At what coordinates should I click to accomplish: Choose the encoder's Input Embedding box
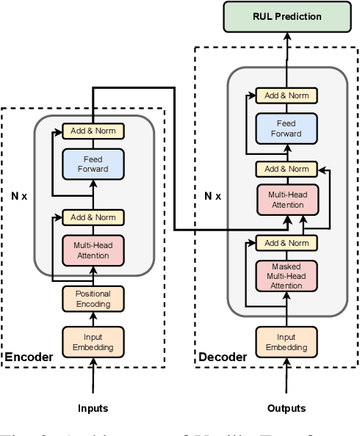tap(93, 340)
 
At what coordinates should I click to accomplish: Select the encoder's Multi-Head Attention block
tap(93, 250)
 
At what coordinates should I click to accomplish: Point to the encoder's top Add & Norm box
tap(93, 131)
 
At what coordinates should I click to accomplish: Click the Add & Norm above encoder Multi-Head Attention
tap(93, 217)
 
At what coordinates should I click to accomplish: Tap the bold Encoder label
tap(29, 357)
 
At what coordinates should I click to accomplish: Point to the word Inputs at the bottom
tap(93, 407)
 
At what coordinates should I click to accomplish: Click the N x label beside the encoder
tap(18, 197)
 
